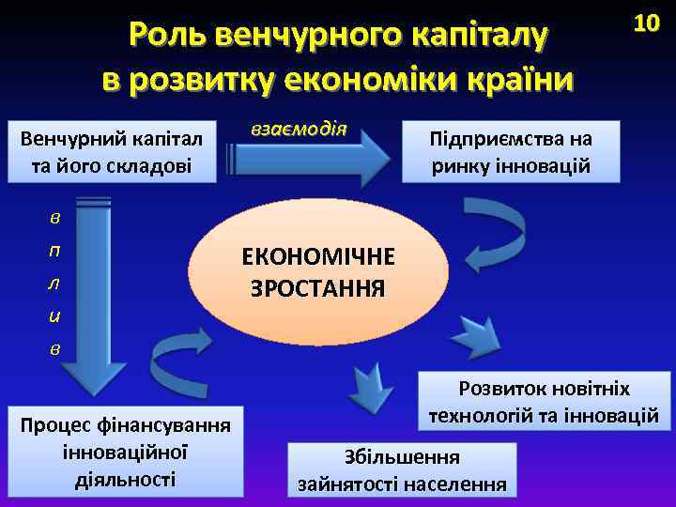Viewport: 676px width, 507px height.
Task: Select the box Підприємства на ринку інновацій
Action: tap(511, 152)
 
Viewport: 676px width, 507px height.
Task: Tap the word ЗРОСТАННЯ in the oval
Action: tap(317, 287)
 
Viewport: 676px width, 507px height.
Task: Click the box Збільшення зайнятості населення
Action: tap(402, 470)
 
